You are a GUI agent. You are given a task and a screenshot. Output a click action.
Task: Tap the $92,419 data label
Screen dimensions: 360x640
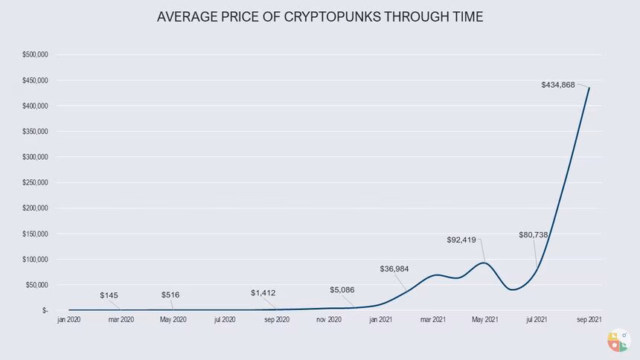461,240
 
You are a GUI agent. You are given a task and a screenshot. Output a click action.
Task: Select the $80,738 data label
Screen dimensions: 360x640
534,235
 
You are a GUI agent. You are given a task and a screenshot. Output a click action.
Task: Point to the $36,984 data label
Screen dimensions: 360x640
394,269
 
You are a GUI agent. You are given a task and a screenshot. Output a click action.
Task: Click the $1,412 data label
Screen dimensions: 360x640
263,293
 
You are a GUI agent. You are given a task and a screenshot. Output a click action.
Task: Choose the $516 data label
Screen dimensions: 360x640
170,295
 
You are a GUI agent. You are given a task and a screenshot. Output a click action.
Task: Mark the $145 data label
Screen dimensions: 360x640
109,295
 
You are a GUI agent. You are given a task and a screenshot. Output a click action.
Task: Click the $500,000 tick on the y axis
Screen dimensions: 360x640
36,55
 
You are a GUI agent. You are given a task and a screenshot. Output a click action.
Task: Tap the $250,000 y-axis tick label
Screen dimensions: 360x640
36,183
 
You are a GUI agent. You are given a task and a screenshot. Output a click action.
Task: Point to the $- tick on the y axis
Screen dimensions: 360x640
45,310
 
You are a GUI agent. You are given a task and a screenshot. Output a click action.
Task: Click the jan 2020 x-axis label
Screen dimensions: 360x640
69,321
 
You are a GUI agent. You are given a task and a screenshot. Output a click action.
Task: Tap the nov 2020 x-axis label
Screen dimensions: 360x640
328,321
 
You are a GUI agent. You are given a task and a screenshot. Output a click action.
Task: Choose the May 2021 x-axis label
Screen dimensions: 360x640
484,321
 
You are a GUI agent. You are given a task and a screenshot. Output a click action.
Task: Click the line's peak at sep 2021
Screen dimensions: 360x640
589,88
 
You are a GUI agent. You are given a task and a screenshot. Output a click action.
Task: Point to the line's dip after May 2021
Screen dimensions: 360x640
512,289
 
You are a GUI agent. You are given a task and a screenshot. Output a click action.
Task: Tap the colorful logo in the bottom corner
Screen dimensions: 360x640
617,341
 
